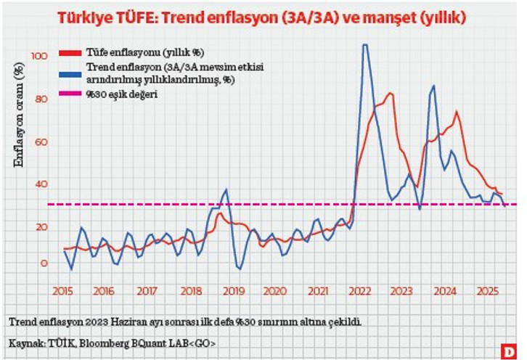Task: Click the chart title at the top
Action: tap(263, 16)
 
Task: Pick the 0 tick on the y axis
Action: tap(43, 263)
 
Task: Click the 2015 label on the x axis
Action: tap(62, 290)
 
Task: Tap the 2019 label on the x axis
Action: tap(232, 290)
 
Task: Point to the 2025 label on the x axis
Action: tap(486, 290)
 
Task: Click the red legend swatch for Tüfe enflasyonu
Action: tap(70, 53)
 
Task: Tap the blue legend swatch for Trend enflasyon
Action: tap(70, 72)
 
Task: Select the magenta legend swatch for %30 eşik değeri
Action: tap(70, 94)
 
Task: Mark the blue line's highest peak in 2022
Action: tap(364, 46)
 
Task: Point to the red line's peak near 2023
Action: tap(391, 94)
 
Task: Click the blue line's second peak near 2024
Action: tap(433, 86)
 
